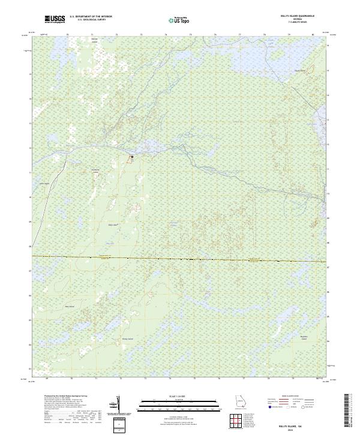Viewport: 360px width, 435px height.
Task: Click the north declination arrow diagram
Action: pos(118,404)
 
